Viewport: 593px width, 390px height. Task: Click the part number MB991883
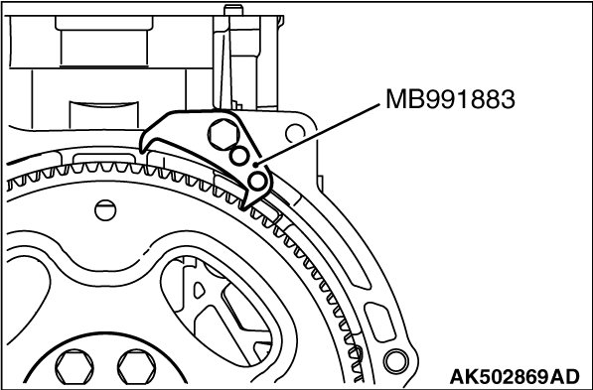(x=450, y=99)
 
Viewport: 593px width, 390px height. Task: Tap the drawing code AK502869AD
(x=515, y=376)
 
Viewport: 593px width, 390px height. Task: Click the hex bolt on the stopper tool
(x=223, y=135)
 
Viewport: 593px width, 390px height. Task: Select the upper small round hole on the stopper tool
(x=239, y=156)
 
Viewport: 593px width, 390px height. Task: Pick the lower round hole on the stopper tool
(x=258, y=181)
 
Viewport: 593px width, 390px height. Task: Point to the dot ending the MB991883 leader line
(x=255, y=165)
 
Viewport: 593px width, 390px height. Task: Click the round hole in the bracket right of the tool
(x=295, y=133)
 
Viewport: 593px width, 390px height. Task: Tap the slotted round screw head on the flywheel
(x=105, y=210)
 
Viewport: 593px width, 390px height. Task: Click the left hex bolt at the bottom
(x=74, y=367)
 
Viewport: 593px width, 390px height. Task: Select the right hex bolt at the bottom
(x=136, y=367)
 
